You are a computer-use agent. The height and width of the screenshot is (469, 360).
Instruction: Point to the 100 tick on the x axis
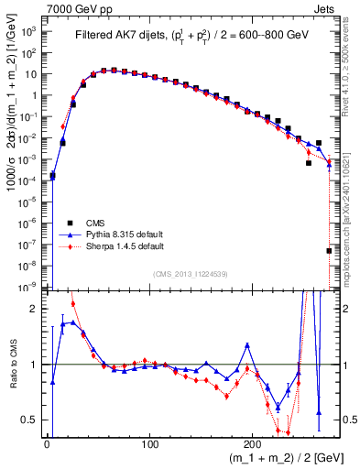coord(149,443)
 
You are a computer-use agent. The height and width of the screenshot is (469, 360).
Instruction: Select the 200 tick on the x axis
coord(252,443)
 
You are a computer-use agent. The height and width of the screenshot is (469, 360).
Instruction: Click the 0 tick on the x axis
coord(47,443)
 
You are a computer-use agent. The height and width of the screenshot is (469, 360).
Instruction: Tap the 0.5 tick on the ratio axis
coord(29,420)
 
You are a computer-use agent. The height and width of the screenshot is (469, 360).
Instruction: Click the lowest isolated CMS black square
coord(329,250)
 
